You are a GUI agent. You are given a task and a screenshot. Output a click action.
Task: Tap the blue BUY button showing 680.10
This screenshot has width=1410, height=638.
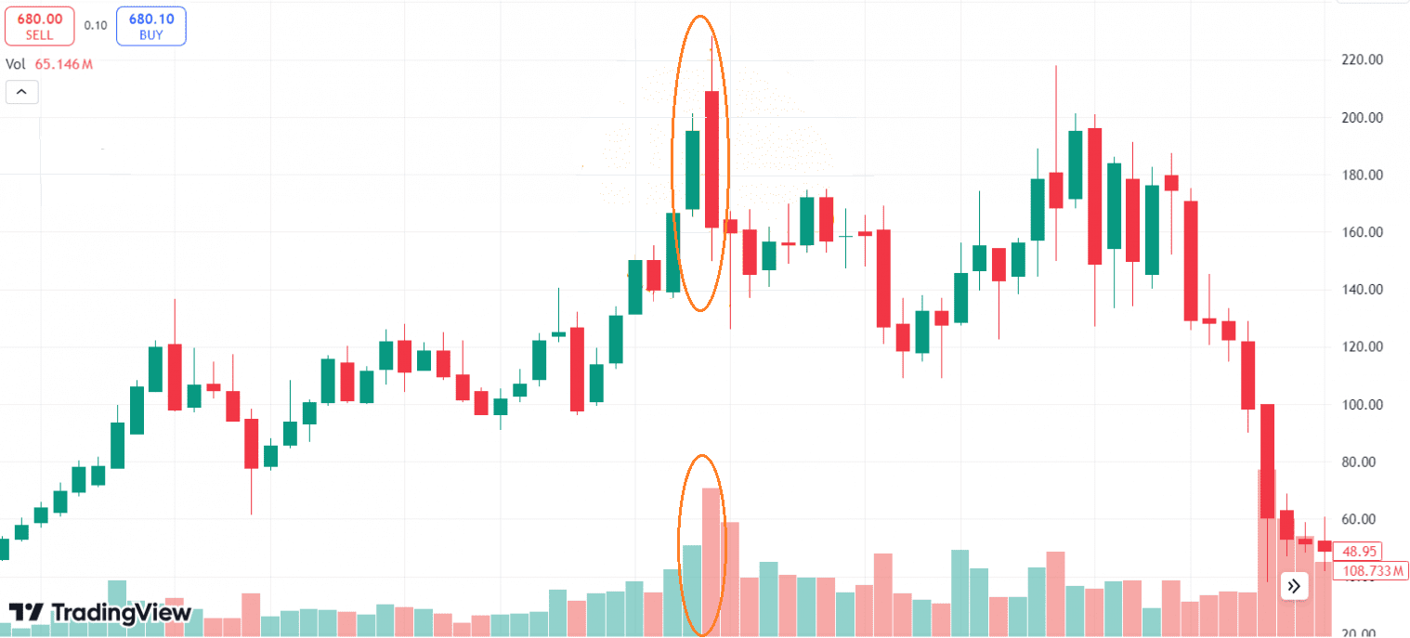[x=150, y=26]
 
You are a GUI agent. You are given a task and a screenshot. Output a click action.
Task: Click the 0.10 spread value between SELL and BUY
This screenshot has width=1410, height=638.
[x=95, y=25]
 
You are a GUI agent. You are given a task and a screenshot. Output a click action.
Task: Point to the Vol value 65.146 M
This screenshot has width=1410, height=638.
[x=64, y=64]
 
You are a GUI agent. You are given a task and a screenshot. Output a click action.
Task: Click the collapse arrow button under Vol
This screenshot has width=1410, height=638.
[x=22, y=92]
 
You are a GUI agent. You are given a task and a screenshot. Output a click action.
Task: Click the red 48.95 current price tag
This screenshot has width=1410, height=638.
[x=1357, y=550]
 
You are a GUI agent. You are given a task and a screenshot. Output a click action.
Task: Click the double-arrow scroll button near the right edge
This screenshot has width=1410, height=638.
[x=1294, y=586]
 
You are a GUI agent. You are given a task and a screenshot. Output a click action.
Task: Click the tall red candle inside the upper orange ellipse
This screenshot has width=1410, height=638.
[x=712, y=159]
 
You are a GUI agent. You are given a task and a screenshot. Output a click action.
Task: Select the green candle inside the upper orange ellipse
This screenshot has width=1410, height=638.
[x=692, y=170]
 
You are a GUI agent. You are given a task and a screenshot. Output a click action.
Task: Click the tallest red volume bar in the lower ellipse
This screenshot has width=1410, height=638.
[x=712, y=561]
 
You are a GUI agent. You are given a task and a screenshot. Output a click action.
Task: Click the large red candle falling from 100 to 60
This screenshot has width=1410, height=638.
[x=1267, y=461]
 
